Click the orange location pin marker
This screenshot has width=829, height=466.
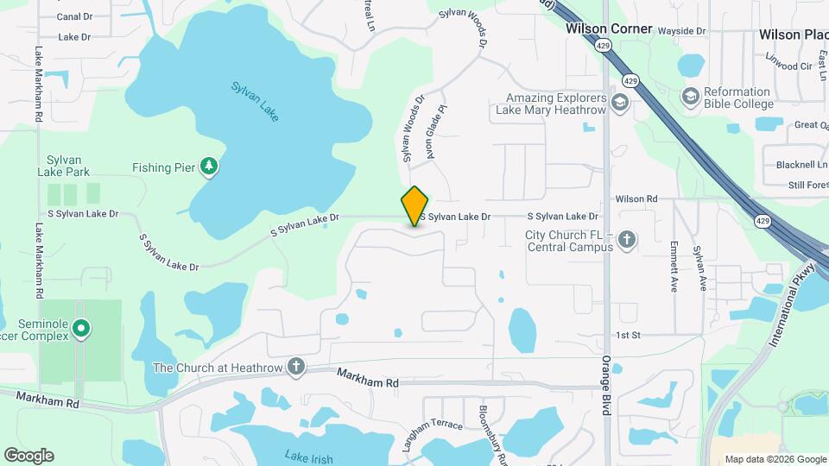(x=414, y=205)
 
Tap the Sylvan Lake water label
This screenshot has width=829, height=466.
(x=255, y=101)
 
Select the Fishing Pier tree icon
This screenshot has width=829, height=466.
(x=208, y=166)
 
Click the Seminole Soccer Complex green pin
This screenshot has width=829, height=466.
(x=81, y=327)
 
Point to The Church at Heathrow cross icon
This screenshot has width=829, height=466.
(x=296, y=368)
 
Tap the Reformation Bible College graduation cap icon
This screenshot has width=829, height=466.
(x=690, y=97)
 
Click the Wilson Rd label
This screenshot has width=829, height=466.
(x=636, y=199)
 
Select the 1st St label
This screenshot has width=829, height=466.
(x=628, y=335)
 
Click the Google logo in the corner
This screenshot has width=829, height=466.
(x=28, y=456)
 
